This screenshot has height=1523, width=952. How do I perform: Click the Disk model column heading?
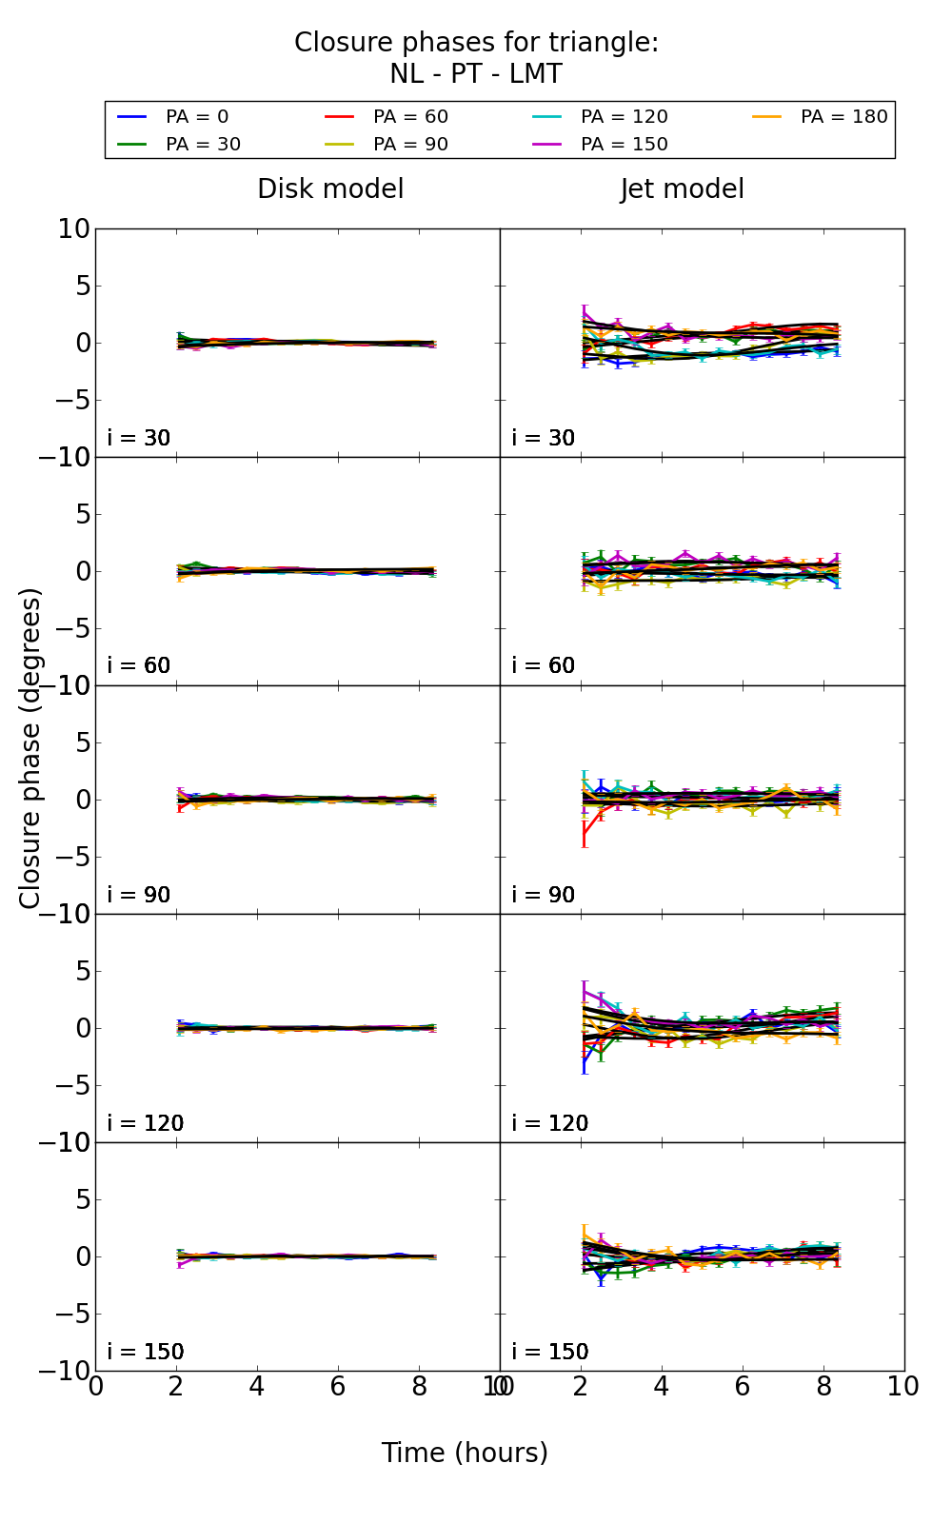330,189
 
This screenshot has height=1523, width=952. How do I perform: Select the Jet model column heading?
683,189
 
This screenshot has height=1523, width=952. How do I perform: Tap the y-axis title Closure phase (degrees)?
30,748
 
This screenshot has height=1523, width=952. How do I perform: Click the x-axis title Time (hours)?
465,1454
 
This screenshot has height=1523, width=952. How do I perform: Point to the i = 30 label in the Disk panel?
139,438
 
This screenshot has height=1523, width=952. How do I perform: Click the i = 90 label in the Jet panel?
544,895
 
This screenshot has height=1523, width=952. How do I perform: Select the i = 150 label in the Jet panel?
550,1352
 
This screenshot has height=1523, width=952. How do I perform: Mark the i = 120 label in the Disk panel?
146,1123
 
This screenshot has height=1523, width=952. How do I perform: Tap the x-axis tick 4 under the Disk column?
257,1387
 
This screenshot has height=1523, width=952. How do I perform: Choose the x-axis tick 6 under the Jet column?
743,1387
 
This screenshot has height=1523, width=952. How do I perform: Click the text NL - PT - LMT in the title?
476,74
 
